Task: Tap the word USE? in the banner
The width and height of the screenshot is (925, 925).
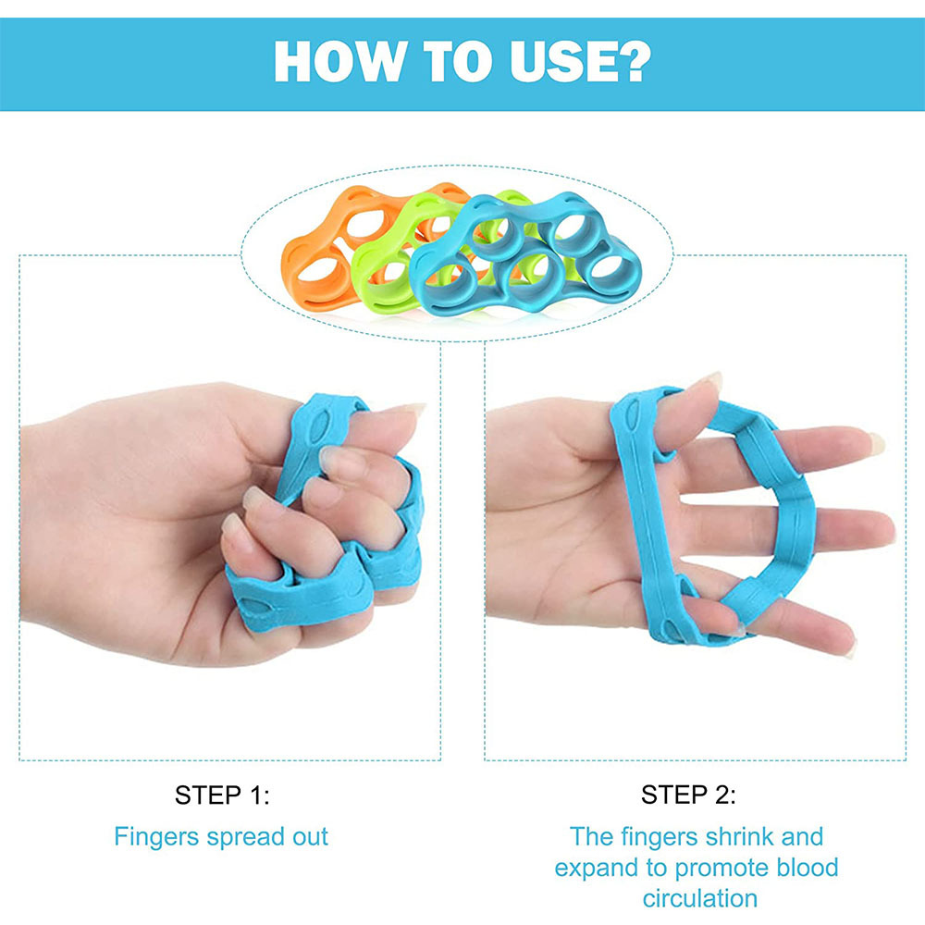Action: (x=581, y=61)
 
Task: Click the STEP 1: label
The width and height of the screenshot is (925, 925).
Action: (x=222, y=795)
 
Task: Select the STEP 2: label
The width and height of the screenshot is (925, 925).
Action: (x=688, y=795)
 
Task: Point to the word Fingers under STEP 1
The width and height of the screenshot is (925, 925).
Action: (x=156, y=838)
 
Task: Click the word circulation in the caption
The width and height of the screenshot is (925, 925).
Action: (x=700, y=898)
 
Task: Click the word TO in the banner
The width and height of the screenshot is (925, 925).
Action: (x=458, y=61)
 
